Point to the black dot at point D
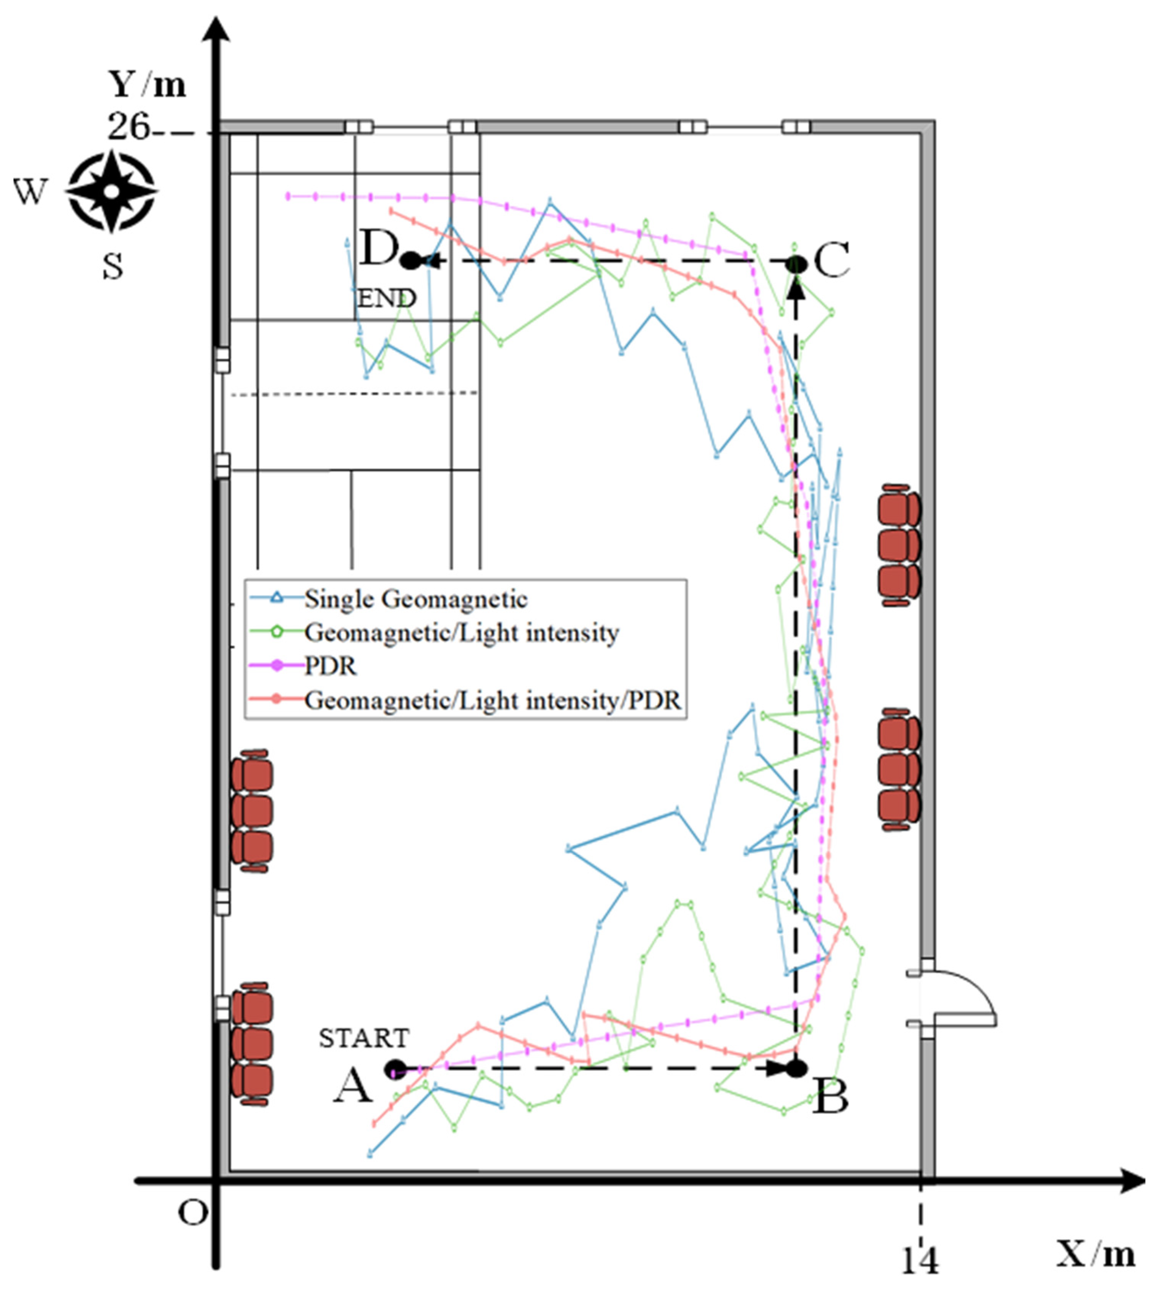pyautogui.click(x=412, y=260)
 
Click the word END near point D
pyautogui.click(x=387, y=298)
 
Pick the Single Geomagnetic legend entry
pyautogui.click(x=416, y=599)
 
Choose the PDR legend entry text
pyautogui.click(x=331, y=666)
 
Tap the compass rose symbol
pyautogui.click(x=112, y=190)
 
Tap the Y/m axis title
pyautogui.click(x=148, y=83)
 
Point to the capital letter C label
pyautogui.click(x=832, y=260)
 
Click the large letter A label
pyautogui.click(x=353, y=1085)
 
